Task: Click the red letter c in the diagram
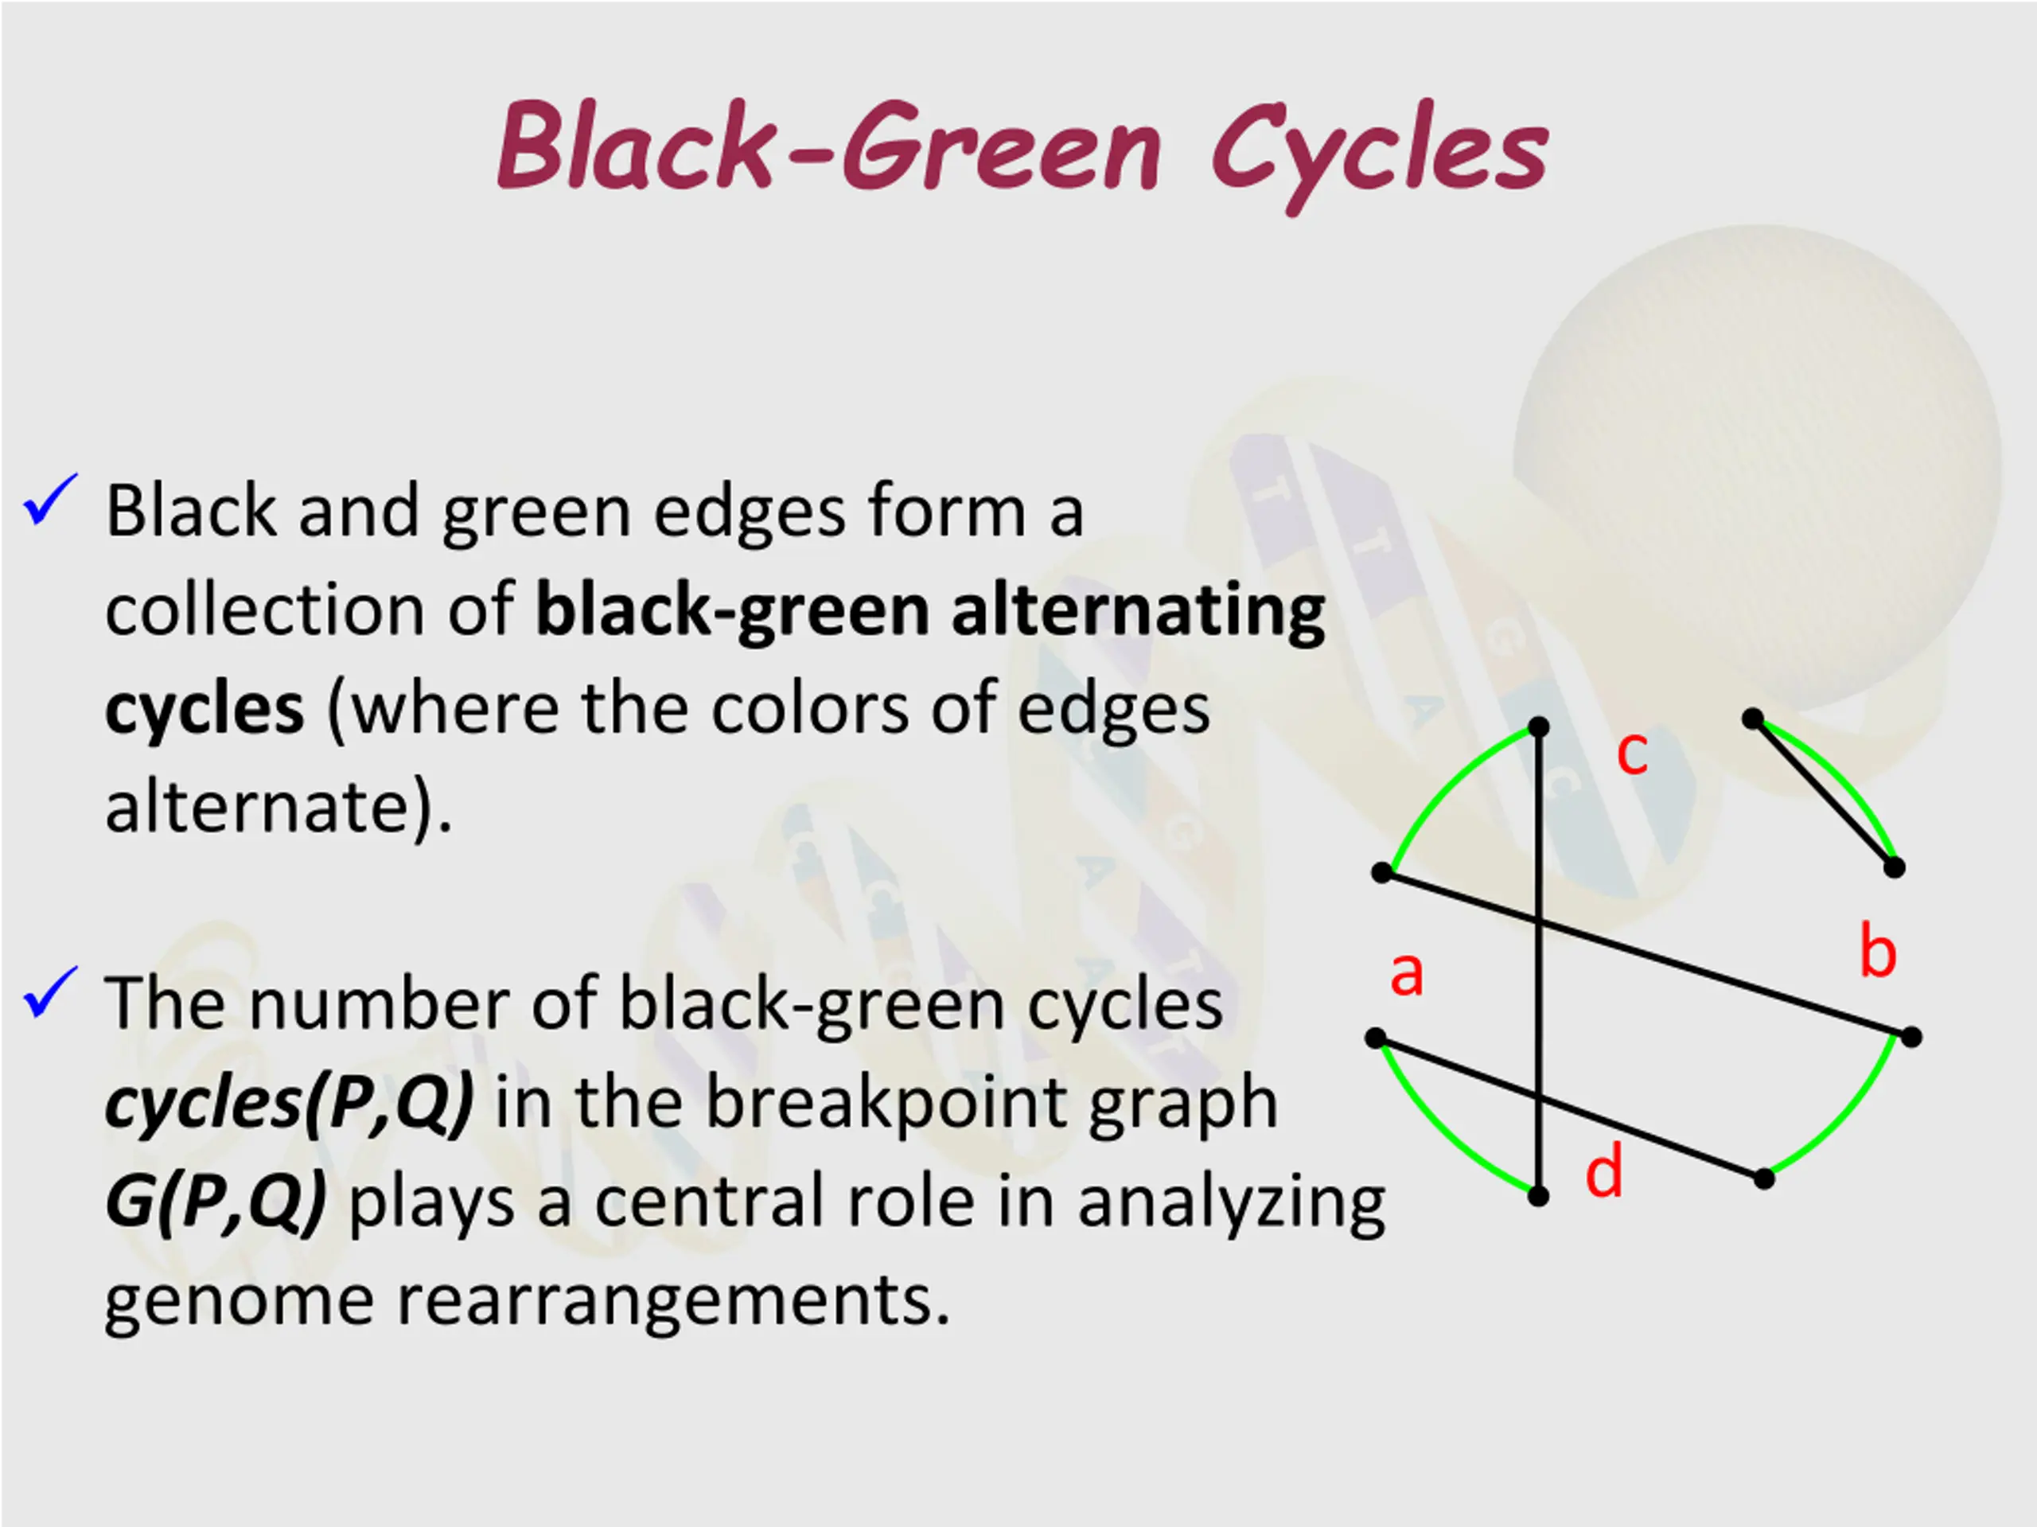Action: (1632, 753)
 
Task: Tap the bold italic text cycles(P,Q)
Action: (289, 1102)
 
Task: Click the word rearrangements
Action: (672, 1300)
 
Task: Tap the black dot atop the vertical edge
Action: (1539, 727)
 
